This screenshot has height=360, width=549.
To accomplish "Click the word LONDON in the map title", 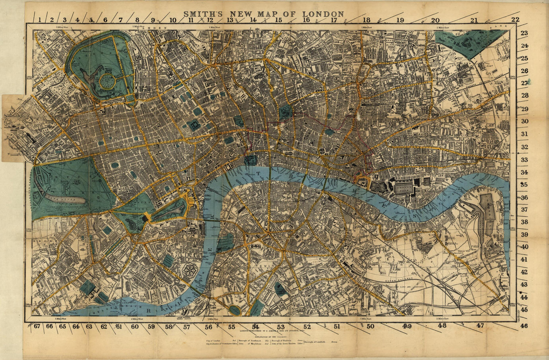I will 323,14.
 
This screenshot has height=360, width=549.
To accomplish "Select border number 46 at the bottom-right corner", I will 524,326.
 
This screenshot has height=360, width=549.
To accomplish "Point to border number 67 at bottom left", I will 36,326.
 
